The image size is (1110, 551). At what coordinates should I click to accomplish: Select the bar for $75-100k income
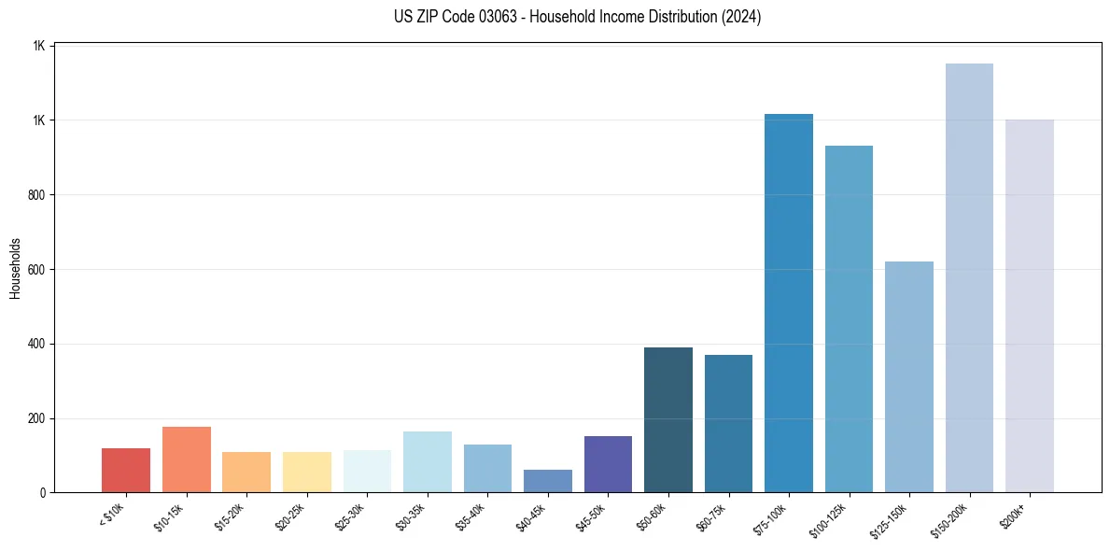tap(789, 304)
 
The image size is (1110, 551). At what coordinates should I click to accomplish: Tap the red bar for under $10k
tap(126, 471)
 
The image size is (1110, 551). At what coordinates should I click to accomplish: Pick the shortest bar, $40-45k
tap(548, 481)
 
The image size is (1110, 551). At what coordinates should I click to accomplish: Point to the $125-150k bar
tap(909, 377)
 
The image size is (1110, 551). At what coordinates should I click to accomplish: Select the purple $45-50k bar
tap(608, 464)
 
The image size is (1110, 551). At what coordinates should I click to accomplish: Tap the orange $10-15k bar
tap(187, 459)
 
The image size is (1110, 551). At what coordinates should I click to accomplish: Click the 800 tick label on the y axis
tap(37, 195)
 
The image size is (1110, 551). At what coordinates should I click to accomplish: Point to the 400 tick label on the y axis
tap(37, 344)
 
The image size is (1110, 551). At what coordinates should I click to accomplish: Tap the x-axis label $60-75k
tap(711, 516)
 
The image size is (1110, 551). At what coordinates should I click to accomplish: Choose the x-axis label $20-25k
tap(290, 516)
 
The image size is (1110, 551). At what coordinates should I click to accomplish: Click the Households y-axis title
tap(16, 268)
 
